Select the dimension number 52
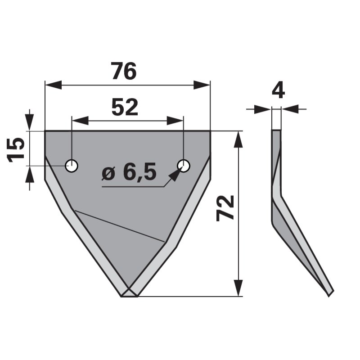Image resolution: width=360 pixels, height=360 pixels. (x=125, y=108)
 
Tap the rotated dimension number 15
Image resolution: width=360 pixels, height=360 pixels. (x=16, y=149)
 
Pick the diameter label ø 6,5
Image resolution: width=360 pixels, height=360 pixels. (x=129, y=173)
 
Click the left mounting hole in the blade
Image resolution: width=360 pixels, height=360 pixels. (x=72, y=166)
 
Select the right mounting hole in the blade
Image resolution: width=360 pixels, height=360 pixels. (x=184, y=166)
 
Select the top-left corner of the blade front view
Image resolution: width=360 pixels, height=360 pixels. (x=45, y=131)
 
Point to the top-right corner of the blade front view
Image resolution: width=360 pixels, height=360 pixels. (x=210, y=131)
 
